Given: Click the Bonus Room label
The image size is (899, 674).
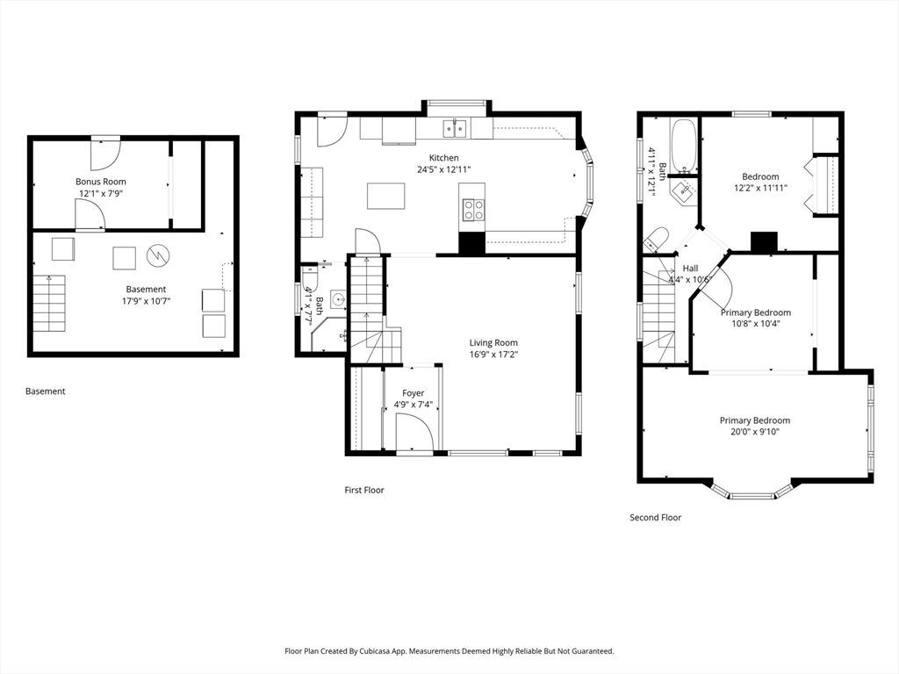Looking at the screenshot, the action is click(101, 182).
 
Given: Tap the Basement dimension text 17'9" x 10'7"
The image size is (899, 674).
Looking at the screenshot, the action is click(147, 301).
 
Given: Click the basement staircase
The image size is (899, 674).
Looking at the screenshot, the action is click(49, 303).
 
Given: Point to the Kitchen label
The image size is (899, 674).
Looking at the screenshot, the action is click(443, 158).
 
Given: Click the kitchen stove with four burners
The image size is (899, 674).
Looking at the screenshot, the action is click(473, 209).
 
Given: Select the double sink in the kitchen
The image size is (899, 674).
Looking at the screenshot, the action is click(456, 128).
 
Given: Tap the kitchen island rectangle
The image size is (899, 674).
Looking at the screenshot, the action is click(386, 196).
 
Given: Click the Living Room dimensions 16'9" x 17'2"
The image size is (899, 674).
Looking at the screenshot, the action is click(493, 355).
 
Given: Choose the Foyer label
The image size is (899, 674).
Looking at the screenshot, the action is click(414, 393).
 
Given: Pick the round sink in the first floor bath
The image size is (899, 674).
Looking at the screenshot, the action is click(340, 298).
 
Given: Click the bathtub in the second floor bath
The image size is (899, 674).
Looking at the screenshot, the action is click(684, 146).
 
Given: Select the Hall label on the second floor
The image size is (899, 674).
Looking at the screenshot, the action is click(690, 269).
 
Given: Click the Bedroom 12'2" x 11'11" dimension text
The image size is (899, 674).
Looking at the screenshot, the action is click(761, 188).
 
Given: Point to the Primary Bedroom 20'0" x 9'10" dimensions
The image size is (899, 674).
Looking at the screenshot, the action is click(755, 432).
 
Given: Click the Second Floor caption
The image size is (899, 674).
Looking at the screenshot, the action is click(655, 518).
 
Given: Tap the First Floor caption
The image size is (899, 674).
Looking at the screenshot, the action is click(364, 490).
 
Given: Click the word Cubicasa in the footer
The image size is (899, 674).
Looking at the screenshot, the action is click(375, 651).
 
